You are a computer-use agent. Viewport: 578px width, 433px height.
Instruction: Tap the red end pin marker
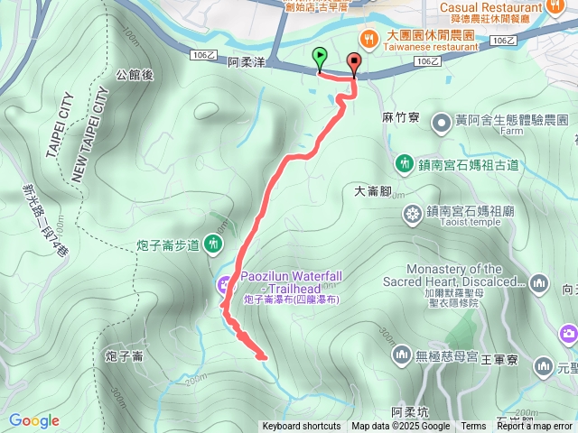pos(353,63)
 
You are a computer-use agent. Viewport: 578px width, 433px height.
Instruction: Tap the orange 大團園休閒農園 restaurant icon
pos(368,38)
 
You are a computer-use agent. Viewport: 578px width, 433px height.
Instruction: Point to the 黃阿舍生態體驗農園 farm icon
pos(442,120)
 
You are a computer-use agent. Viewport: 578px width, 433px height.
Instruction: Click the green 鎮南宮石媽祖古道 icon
pos(404,164)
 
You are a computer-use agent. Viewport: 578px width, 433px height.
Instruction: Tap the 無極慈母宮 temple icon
pos(402,357)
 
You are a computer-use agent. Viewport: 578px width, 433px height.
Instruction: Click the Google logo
pos(33,420)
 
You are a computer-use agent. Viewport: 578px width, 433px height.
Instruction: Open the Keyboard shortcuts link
pos(302,427)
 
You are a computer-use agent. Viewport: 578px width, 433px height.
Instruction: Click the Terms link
pos(473,427)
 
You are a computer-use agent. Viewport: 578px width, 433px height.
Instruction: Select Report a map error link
pos(536,427)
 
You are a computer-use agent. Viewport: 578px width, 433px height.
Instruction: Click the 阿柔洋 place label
pos(247,63)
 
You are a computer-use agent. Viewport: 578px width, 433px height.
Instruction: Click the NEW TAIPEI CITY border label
pos(89,136)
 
